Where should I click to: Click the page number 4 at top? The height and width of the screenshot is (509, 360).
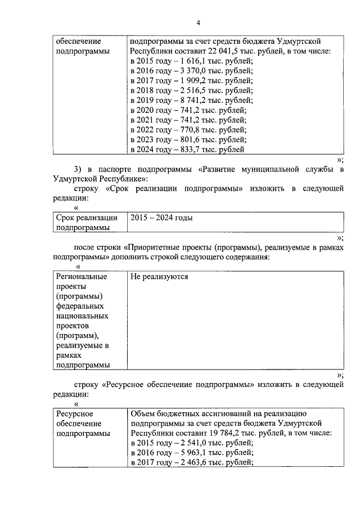tap(198, 22)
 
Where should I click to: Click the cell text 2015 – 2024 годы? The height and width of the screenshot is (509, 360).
tap(161, 218)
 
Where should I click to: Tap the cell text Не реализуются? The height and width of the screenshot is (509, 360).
tap(159, 277)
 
